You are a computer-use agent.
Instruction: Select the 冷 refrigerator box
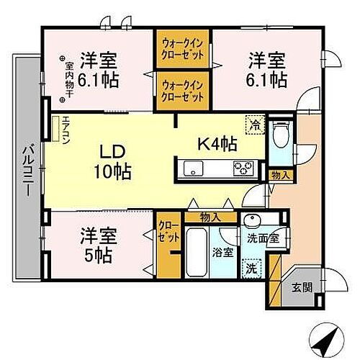254,124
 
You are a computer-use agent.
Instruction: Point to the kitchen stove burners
240,170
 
